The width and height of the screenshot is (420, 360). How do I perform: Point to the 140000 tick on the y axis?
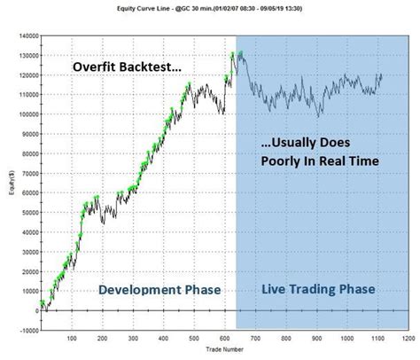click(x=27, y=35)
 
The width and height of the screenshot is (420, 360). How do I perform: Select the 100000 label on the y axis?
click(x=27, y=113)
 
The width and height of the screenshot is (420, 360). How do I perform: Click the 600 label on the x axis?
click(x=224, y=338)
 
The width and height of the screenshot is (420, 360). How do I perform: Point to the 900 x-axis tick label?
click(x=316, y=338)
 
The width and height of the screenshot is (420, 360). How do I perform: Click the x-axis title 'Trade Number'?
click(x=224, y=348)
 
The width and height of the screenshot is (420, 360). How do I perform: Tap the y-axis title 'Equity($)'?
click(x=7, y=183)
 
